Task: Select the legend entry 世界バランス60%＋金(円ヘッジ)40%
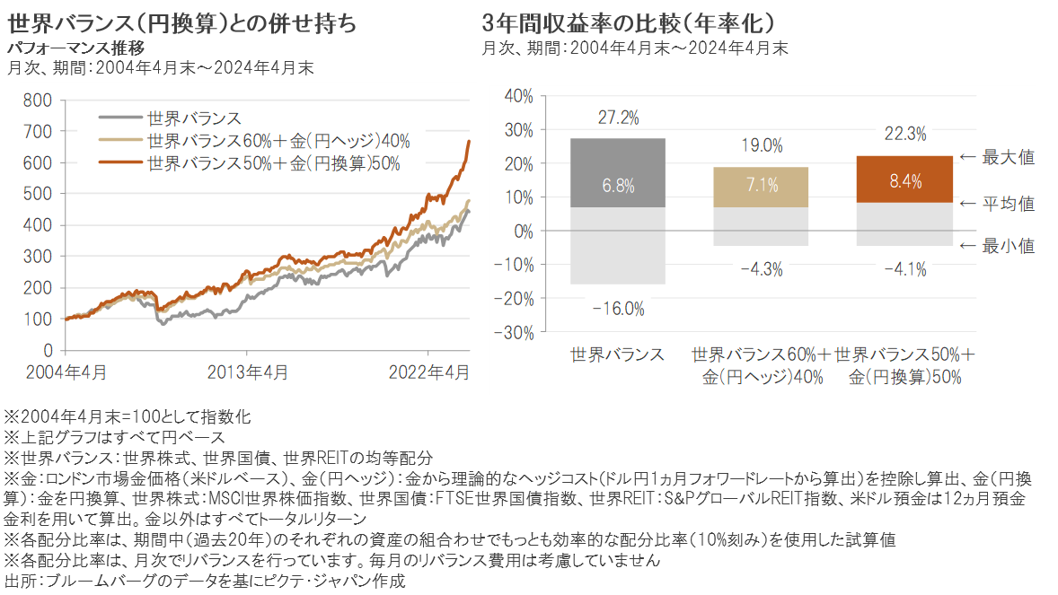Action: pos(278,140)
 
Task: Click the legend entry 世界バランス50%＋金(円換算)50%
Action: pos(272,162)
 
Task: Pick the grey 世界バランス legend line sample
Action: pos(119,118)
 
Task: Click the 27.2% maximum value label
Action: pos(617,118)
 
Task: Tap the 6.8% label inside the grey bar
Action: pos(618,187)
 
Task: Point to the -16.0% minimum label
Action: pos(619,309)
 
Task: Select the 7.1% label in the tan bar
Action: pos(761,187)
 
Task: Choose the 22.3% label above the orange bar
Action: pos(904,134)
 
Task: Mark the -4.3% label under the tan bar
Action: pos(761,268)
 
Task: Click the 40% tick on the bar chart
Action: pos(519,96)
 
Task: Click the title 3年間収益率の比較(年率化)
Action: pos(629,22)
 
